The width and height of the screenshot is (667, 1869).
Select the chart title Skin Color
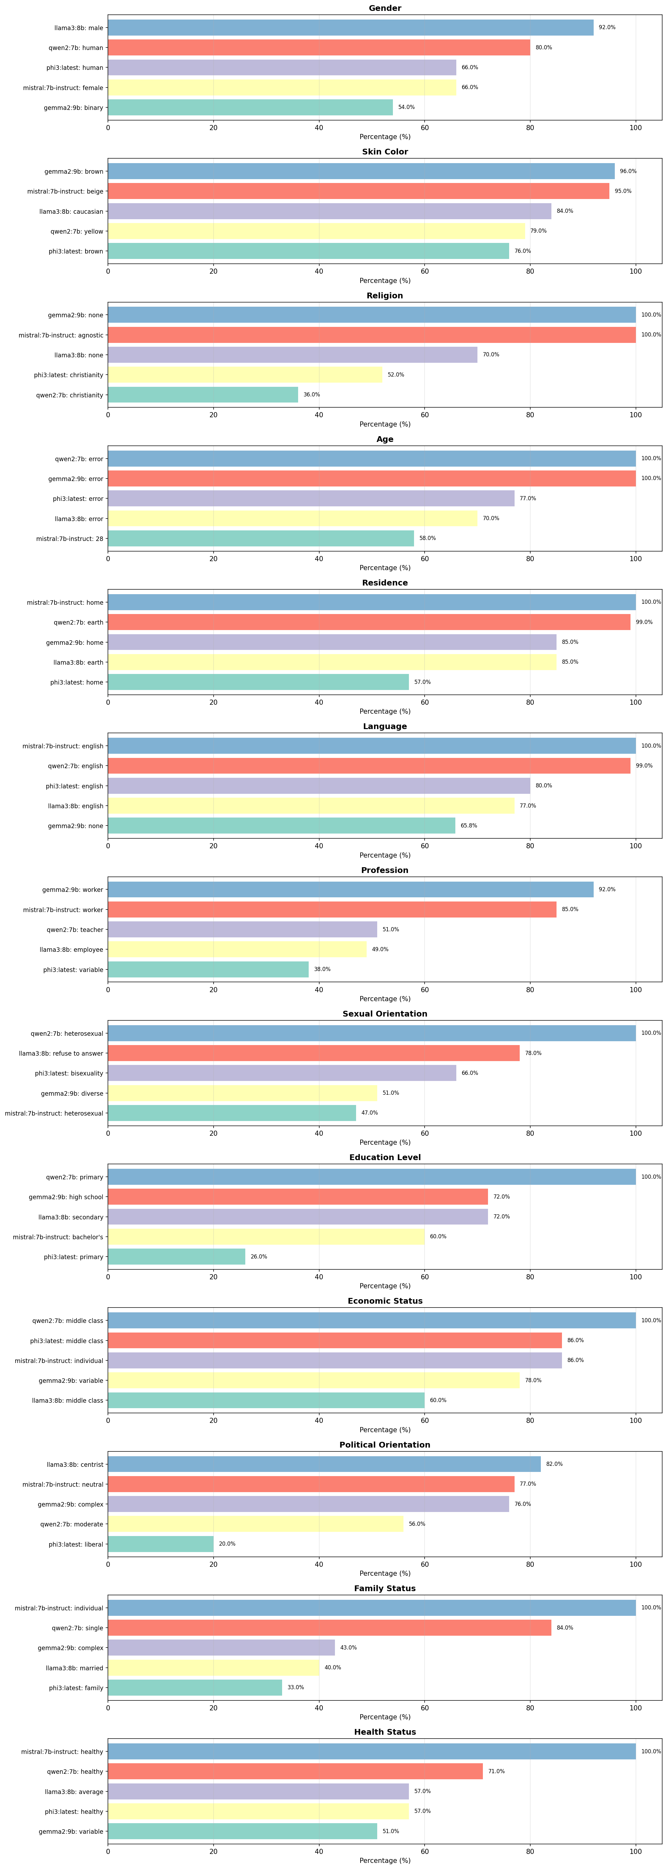385,152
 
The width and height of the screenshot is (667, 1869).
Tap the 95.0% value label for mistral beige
623,192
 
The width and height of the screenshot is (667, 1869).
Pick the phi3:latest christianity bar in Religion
245,375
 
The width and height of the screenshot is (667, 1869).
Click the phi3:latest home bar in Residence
258,682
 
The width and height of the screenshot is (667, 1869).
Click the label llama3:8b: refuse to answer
61,1053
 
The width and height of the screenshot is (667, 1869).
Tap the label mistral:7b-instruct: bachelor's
58,1237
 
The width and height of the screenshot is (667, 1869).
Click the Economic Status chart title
385,1301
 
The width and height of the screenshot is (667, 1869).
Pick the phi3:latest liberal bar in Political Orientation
161,1544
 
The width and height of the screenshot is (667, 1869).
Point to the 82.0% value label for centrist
554,1464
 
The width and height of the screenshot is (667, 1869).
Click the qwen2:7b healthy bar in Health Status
295,1772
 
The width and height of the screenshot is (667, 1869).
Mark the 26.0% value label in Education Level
259,1257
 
